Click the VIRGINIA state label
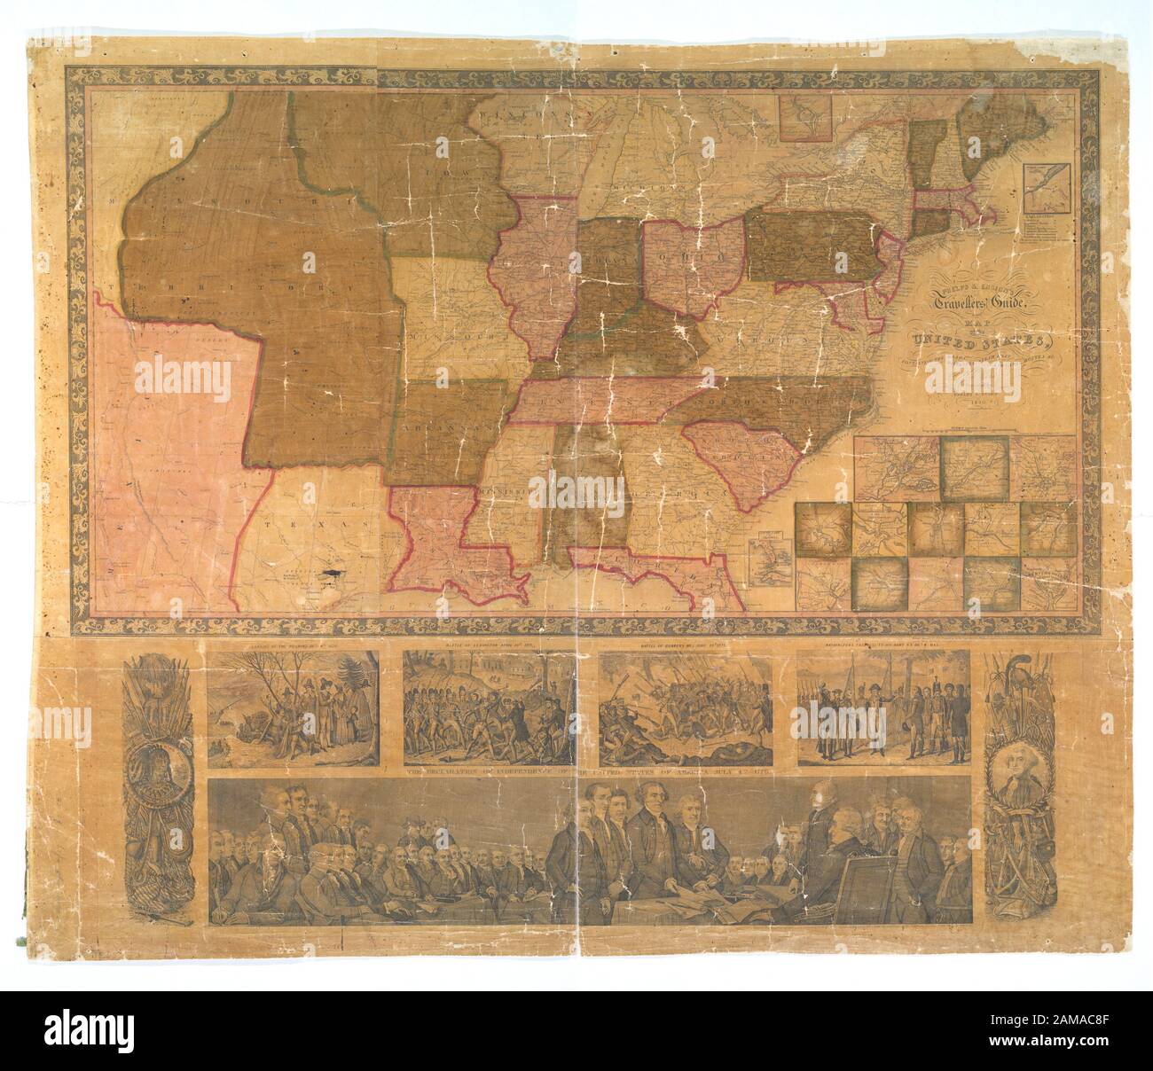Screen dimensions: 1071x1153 coord(763,340)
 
